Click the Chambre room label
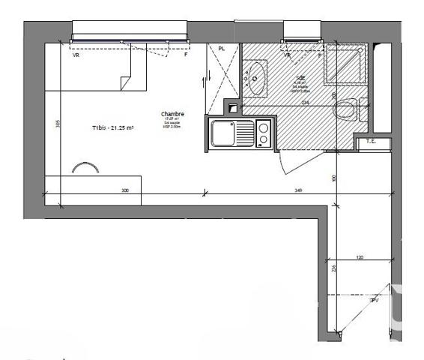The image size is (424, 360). [x=172, y=115]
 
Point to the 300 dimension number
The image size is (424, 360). [x=125, y=191]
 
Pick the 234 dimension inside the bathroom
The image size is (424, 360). [x=305, y=103]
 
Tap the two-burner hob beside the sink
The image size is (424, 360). [x=263, y=134]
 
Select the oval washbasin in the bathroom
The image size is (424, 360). [x=256, y=79]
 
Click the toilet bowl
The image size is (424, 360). [x=345, y=110]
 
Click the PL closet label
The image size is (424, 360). [x=221, y=49]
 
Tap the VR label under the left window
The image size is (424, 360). [x=75, y=55]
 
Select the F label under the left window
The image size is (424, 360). [x=185, y=55]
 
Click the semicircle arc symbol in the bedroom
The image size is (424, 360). [x=84, y=168]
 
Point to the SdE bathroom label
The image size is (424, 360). [x=299, y=76]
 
